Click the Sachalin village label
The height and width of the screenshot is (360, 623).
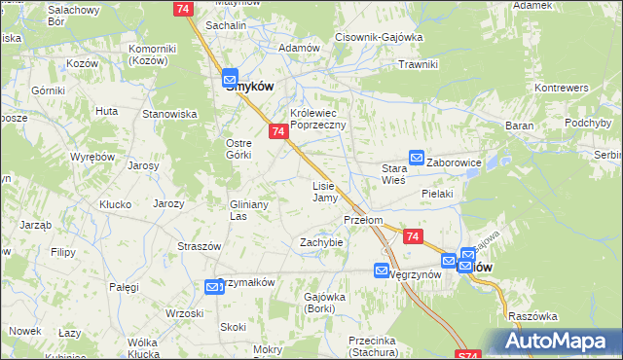coord(225,26)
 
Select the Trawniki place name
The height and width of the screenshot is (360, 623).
coord(420,64)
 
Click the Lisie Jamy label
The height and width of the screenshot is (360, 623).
coord(324,191)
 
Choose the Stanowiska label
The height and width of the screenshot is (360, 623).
coord(170,114)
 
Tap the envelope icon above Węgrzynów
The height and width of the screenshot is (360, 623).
coord(382,270)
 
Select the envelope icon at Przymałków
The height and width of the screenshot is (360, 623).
coord(213,286)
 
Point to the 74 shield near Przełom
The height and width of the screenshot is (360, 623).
coord(413,236)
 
